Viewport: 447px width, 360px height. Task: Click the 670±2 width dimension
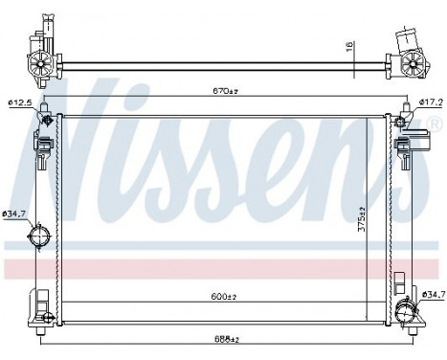pyautogui.click(x=223, y=92)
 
